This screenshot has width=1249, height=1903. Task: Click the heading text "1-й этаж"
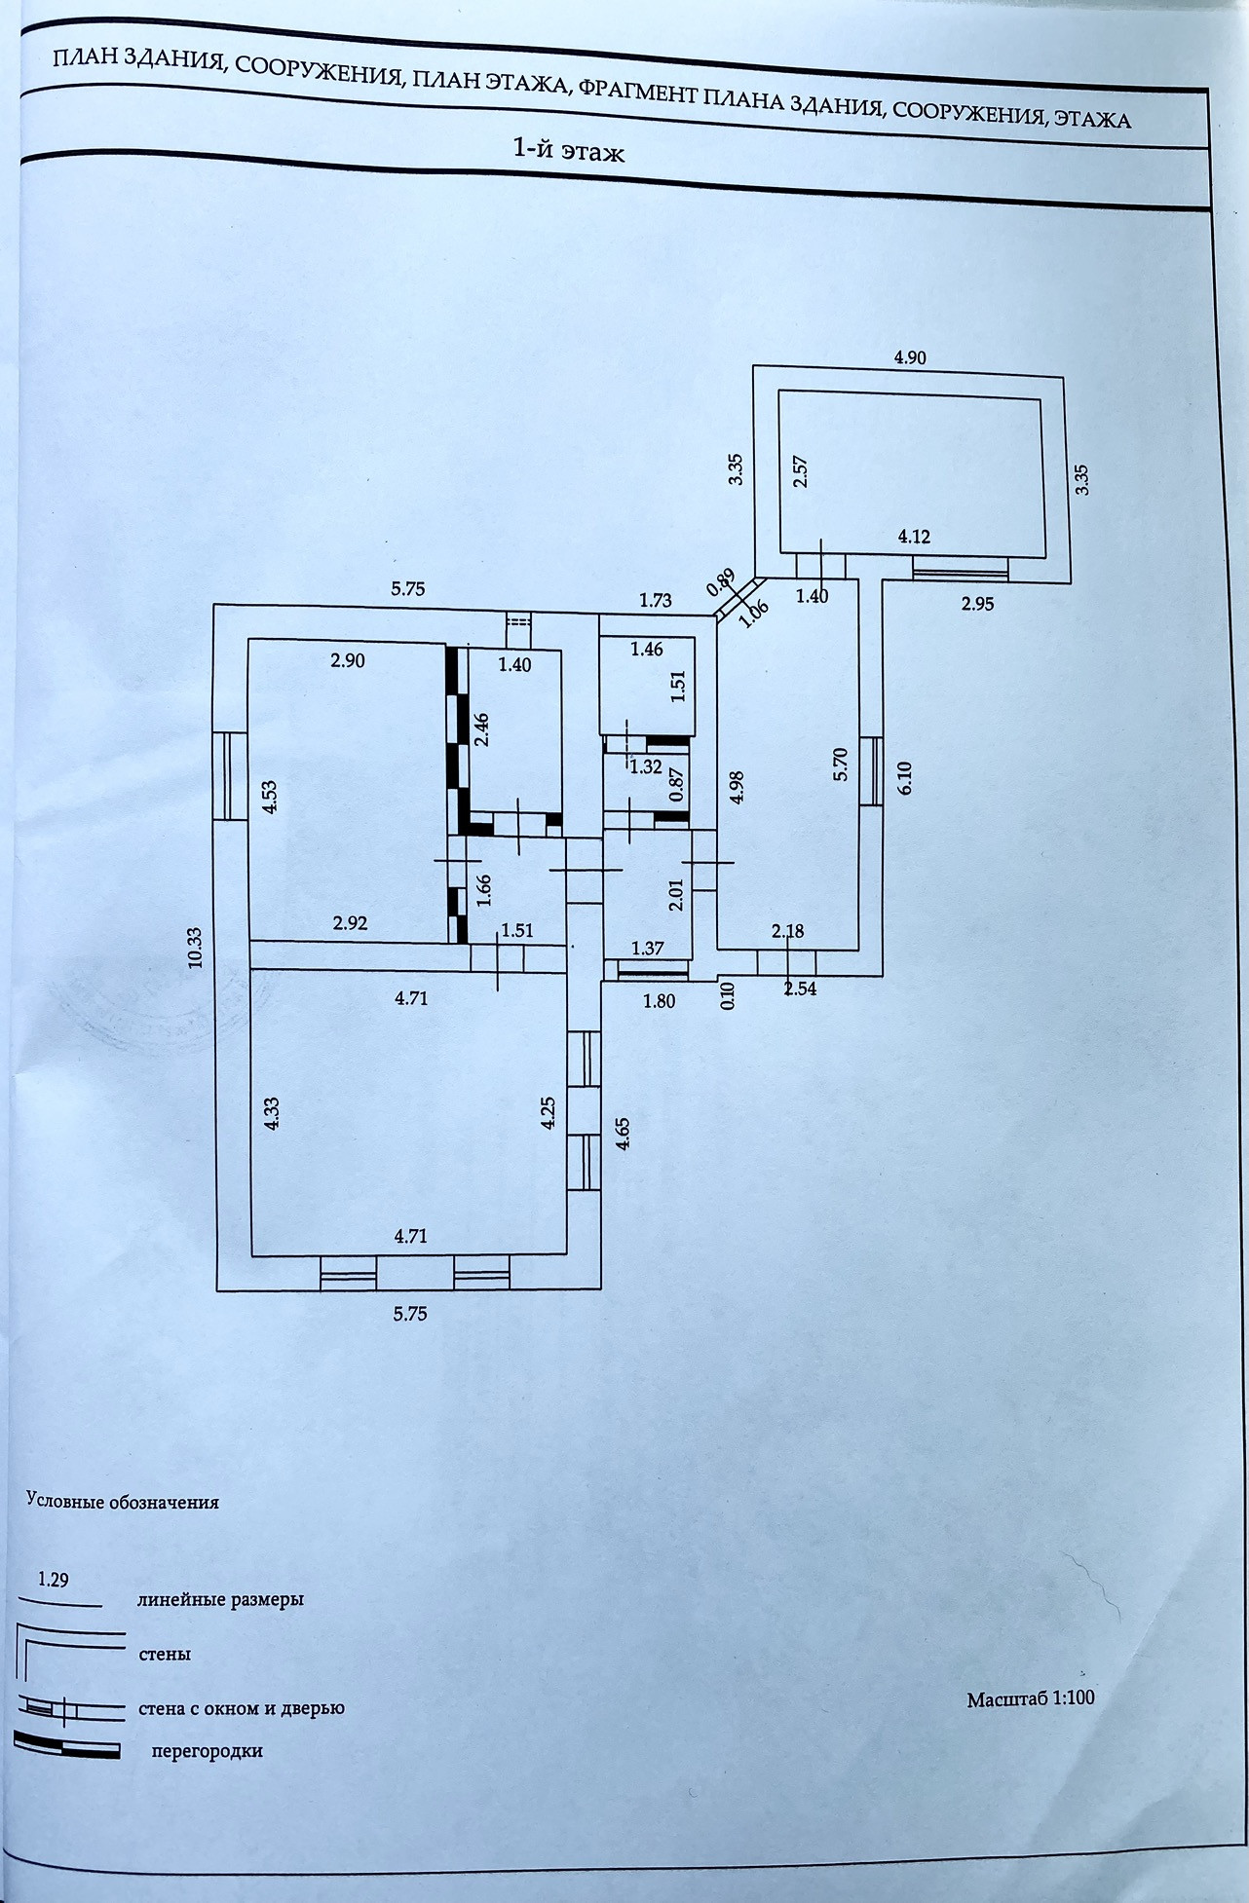[x=568, y=151]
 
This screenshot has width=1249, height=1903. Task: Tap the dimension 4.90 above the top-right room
[x=910, y=357]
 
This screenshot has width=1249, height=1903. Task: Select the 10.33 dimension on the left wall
[x=195, y=946]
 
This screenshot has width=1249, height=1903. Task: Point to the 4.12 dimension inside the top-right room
[x=914, y=536]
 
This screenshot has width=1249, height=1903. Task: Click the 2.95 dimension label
[x=977, y=604]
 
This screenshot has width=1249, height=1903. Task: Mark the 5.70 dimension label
[x=843, y=763]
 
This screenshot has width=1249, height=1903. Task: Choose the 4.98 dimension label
[x=737, y=787]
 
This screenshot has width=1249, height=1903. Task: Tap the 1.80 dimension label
[x=659, y=1000]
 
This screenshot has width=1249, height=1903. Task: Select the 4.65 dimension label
[x=624, y=1133]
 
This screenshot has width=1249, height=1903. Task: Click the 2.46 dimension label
[x=481, y=728]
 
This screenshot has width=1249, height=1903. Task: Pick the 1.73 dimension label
[x=656, y=601]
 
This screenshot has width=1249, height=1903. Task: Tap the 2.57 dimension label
[x=802, y=471]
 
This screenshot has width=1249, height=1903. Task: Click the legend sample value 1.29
[x=53, y=1580]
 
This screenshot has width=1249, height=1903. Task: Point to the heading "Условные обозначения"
[x=122, y=1502]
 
